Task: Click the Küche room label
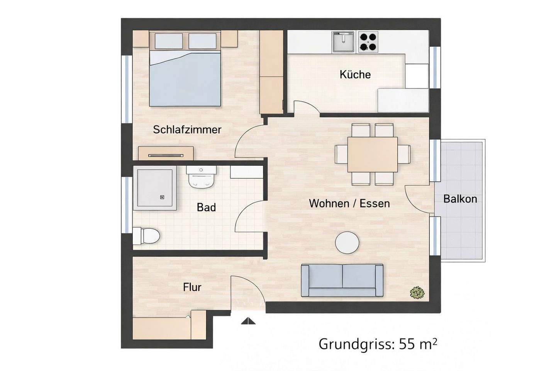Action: (355, 74)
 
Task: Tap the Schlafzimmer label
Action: (187, 129)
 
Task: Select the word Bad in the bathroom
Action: (206, 208)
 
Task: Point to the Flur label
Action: (192, 288)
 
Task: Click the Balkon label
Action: (460, 199)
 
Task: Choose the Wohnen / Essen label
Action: (349, 204)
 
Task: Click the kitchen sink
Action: (343, 42)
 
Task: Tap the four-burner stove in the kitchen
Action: (367, 42)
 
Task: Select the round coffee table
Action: (347, 243)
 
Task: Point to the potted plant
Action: (417, 293)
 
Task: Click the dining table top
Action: (372, 154)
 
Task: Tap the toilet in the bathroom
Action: (147, 236)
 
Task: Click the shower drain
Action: (162, 197)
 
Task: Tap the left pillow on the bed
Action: (169, 41)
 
